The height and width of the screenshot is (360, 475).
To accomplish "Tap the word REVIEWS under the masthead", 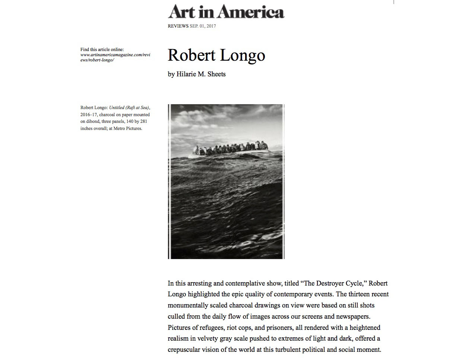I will tap(178, 26).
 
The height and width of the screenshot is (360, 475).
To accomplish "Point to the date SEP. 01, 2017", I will tap(203, 26).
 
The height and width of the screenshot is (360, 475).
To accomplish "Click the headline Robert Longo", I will tap(216, 55).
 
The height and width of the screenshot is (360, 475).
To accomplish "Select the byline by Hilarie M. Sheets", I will tap(197, 74).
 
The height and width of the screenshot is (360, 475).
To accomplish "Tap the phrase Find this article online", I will tap(102, 50).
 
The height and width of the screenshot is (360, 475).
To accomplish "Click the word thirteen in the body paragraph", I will tap(349, 294).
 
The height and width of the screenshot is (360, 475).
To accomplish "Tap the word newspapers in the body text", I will tap(351, 316).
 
